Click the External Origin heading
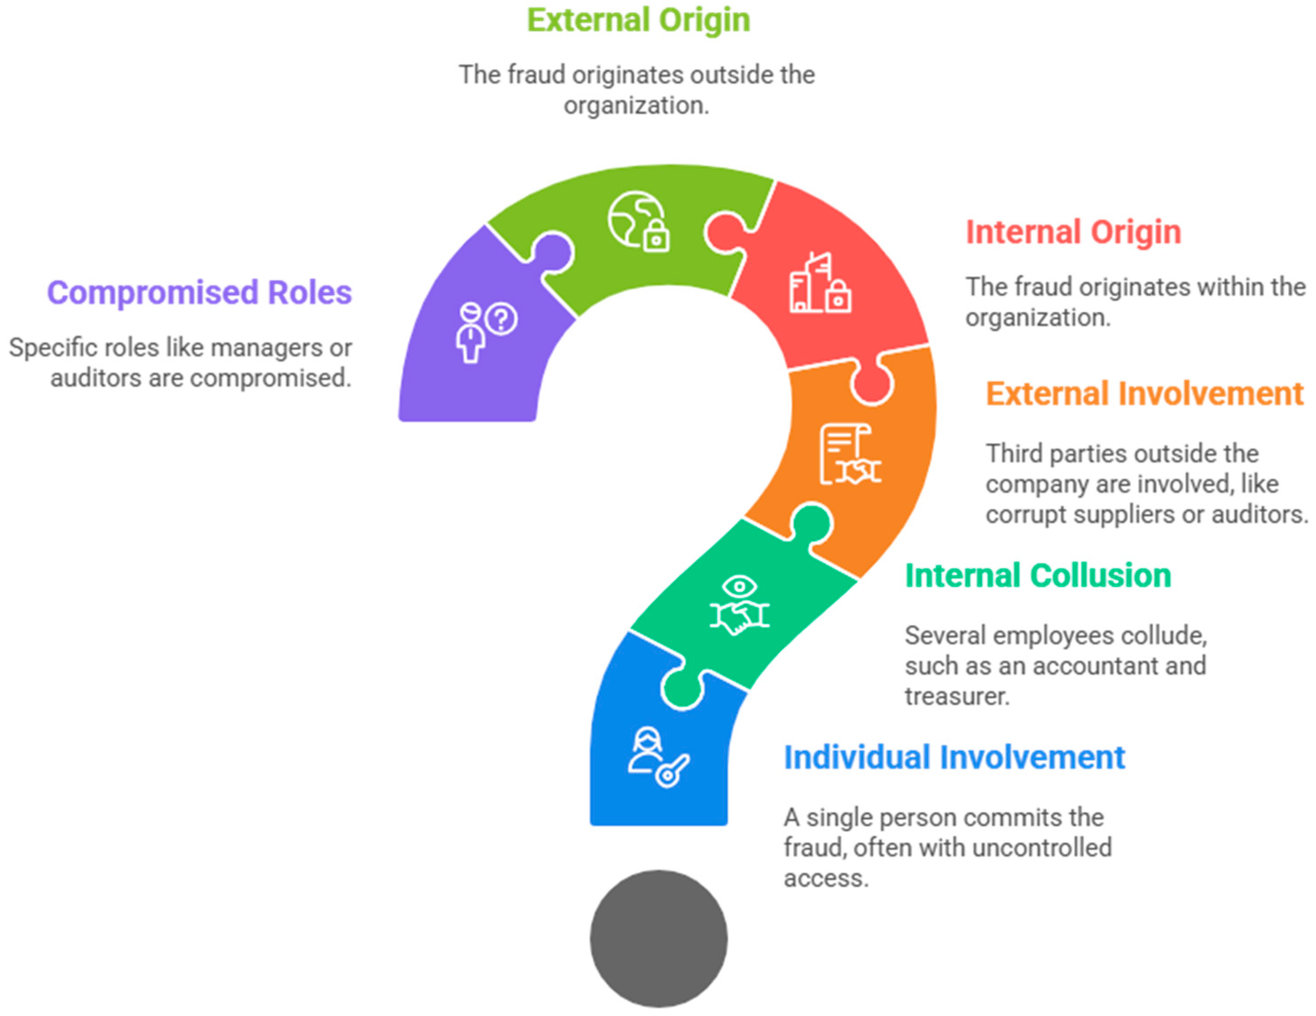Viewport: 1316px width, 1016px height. pos(638,20)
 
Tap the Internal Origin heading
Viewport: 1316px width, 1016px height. pos(1073,232)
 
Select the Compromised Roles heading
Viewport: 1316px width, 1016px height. pos(200,293)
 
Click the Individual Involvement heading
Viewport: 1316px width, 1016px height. pos(954,757)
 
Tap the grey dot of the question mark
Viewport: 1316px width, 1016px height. pos(658,938)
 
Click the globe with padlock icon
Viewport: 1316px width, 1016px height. pos(638,222)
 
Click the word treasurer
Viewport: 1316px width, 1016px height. pos(956,697)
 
